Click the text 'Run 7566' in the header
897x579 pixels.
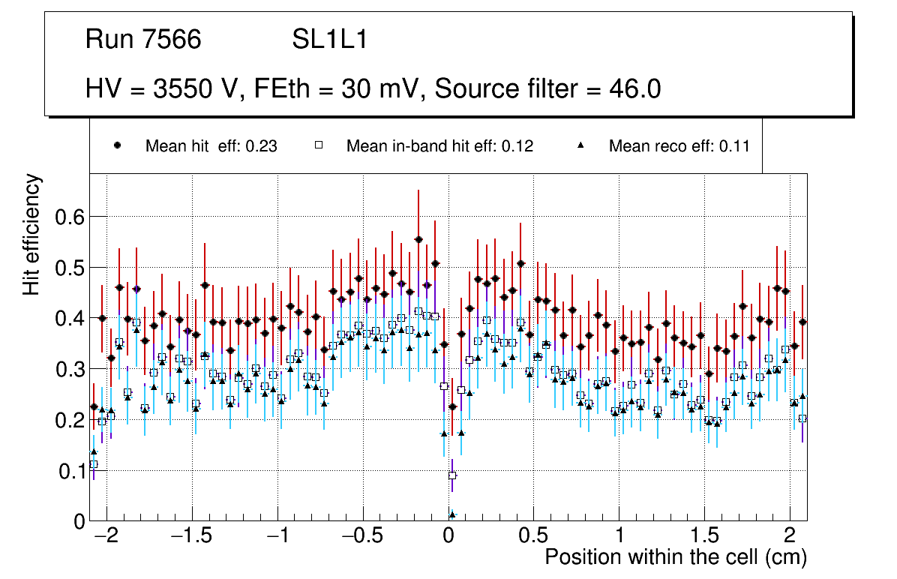(x=143, y=40)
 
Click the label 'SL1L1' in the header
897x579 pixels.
(x=329, y=40)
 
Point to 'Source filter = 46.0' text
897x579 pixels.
(x=547, y=89)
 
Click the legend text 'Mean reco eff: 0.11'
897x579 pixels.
(x=679, y=146)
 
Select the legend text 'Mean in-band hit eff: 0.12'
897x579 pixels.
(x=439, y=146)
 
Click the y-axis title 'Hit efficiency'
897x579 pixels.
(x=32, y=234)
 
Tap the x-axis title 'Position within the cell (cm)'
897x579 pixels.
(x=675, y=557)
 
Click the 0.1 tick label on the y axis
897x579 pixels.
(x=71, y=471)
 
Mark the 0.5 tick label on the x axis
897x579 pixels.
(x=534, y=537)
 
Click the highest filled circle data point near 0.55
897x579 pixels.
(x=418, y=240)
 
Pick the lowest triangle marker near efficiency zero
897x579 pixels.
(x=452, y=514)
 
